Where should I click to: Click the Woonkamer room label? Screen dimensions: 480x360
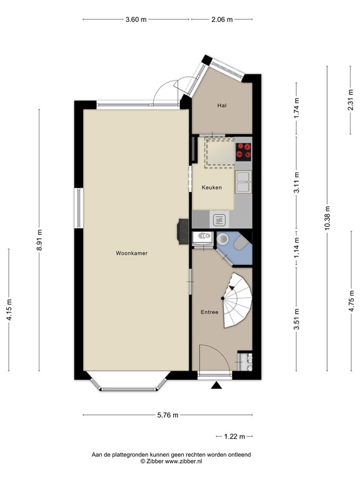pos(135,254)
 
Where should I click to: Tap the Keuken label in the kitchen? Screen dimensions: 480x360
pos(212,187)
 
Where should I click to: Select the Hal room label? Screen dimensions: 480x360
pos(221,106)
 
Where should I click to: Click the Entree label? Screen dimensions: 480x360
pos(209,312)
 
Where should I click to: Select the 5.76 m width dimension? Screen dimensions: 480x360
pos(167,415)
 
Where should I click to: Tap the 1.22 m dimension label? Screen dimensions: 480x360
pos(234,436)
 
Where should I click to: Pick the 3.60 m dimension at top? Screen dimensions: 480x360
pos(136,19)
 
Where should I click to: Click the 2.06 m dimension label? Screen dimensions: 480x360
pos(221,19)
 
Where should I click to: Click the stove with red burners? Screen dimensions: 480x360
pos(244,151)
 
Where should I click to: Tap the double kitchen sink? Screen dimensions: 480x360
pos(243,182)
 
